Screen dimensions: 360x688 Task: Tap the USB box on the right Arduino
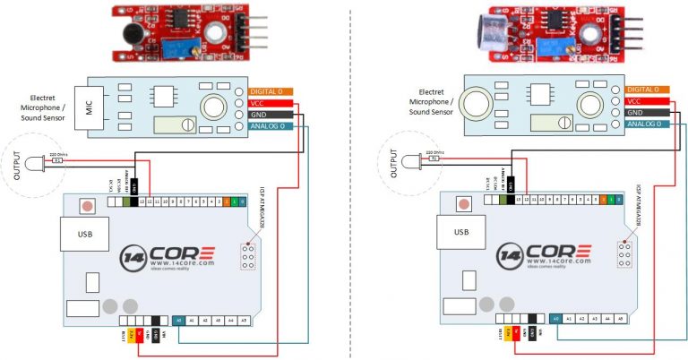(459, 234)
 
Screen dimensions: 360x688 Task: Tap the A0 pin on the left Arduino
(178, 319)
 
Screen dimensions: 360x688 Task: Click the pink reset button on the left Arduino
(86, 205)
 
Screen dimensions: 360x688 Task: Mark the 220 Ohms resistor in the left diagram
(59, 160)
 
